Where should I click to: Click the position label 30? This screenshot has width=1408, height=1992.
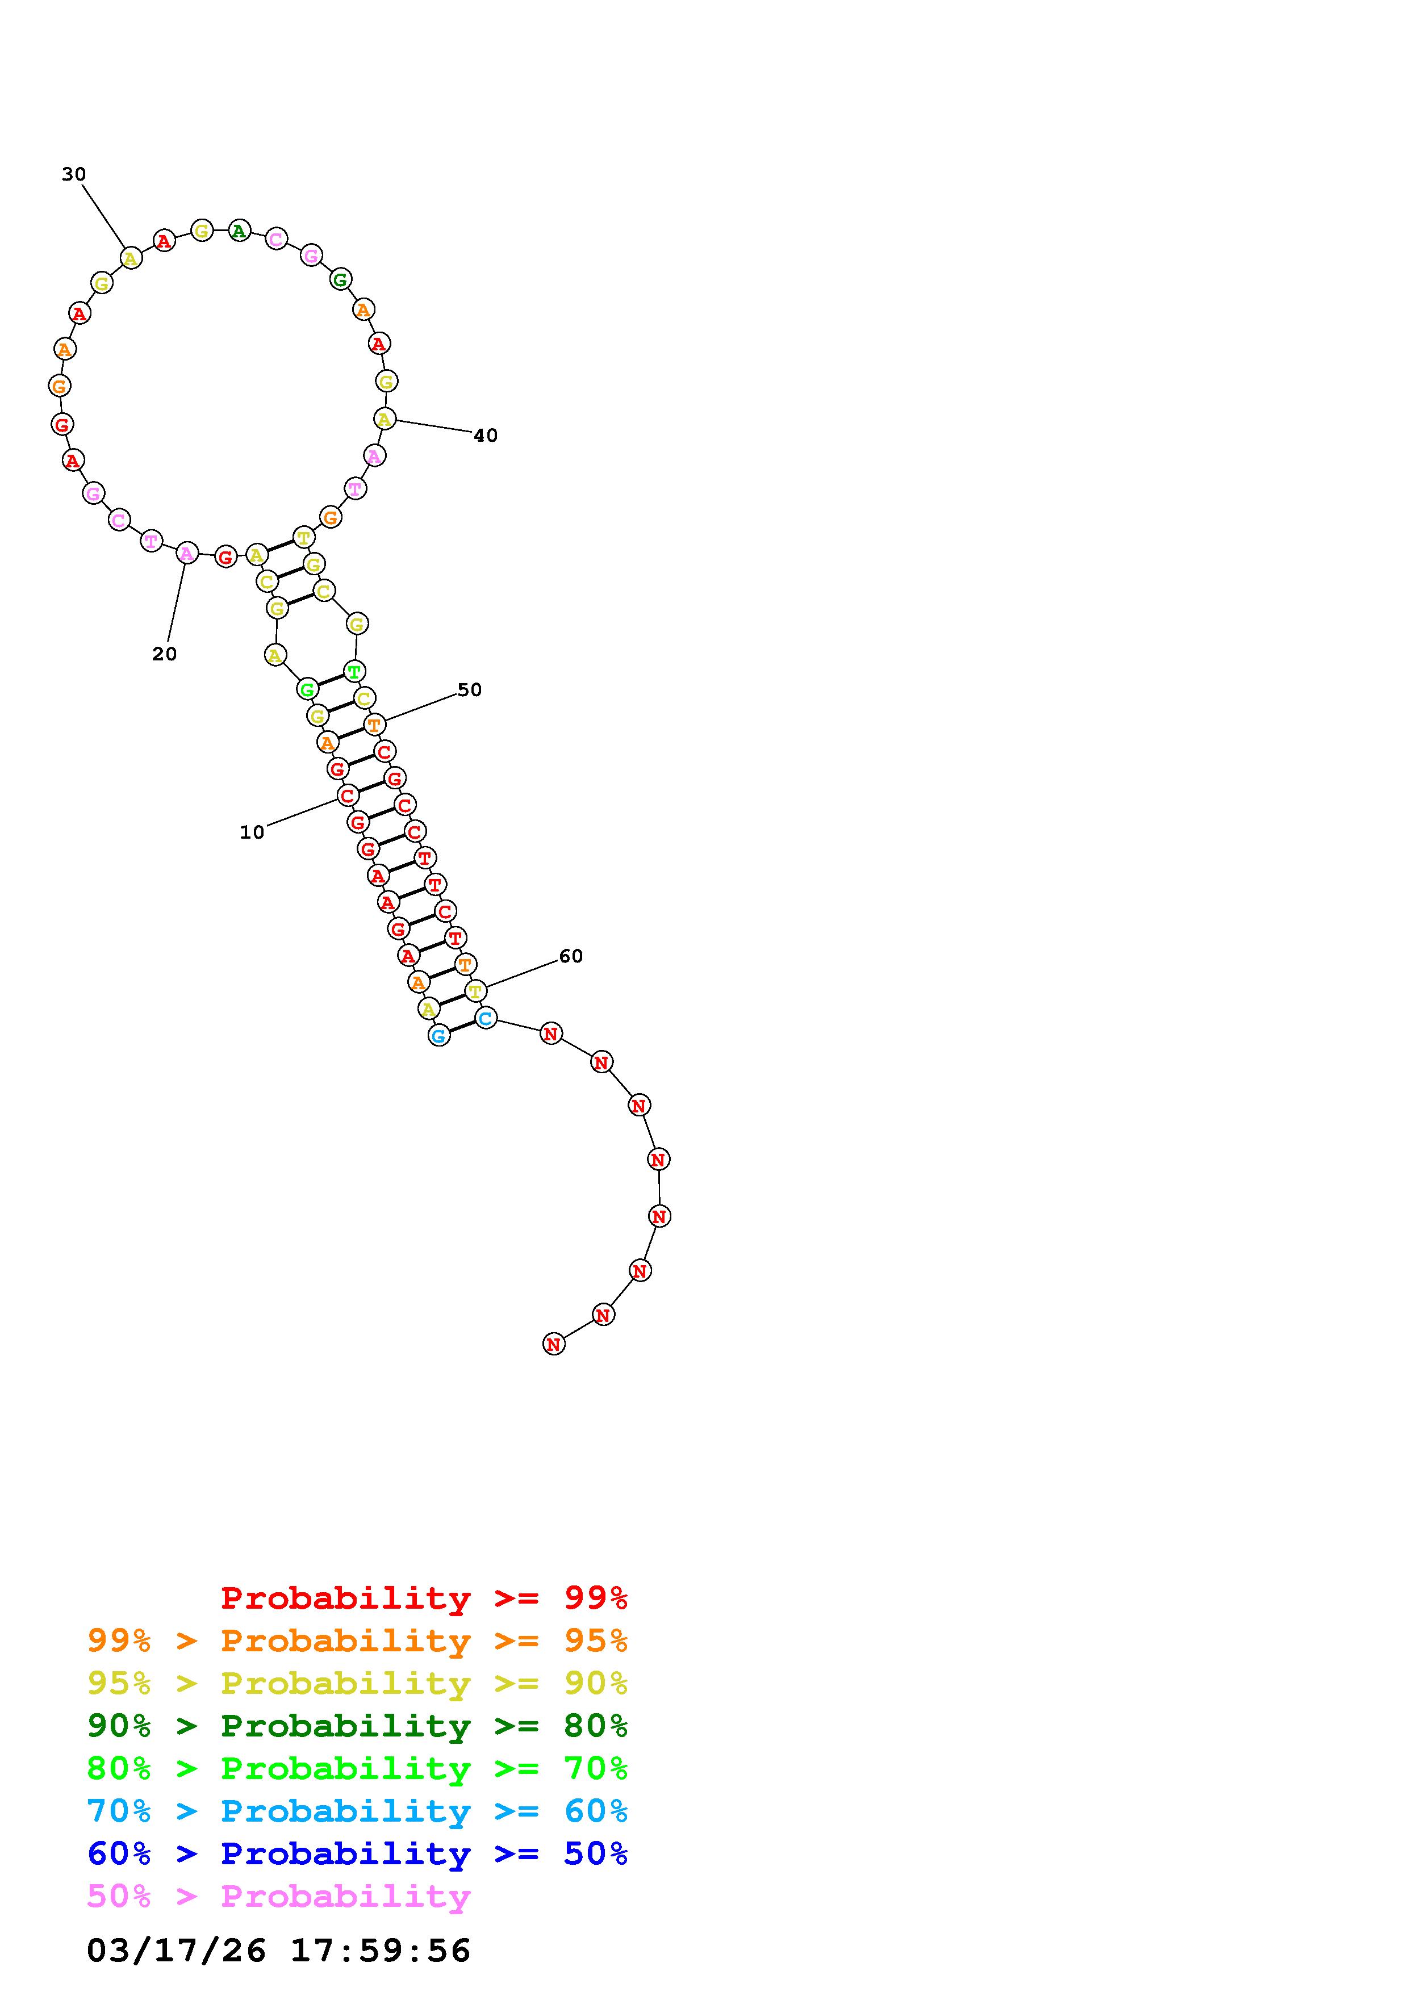click(74, 174)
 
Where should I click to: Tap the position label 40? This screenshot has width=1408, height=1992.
click(486, 436)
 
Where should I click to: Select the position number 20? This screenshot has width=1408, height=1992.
click(164, 654)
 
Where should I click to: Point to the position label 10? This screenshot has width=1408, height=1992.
click(252, 832)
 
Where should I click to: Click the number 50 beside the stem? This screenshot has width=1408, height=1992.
click(469, 690)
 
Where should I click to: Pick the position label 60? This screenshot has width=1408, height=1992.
click(571, 956)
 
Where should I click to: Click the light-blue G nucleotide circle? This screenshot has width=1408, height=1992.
click(439, 1035)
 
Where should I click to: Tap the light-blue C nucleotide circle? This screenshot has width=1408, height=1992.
click(486, 1018)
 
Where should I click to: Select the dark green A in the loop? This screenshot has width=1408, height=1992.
click(240, 231)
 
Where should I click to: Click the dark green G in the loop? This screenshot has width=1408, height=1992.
click(340, 279)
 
